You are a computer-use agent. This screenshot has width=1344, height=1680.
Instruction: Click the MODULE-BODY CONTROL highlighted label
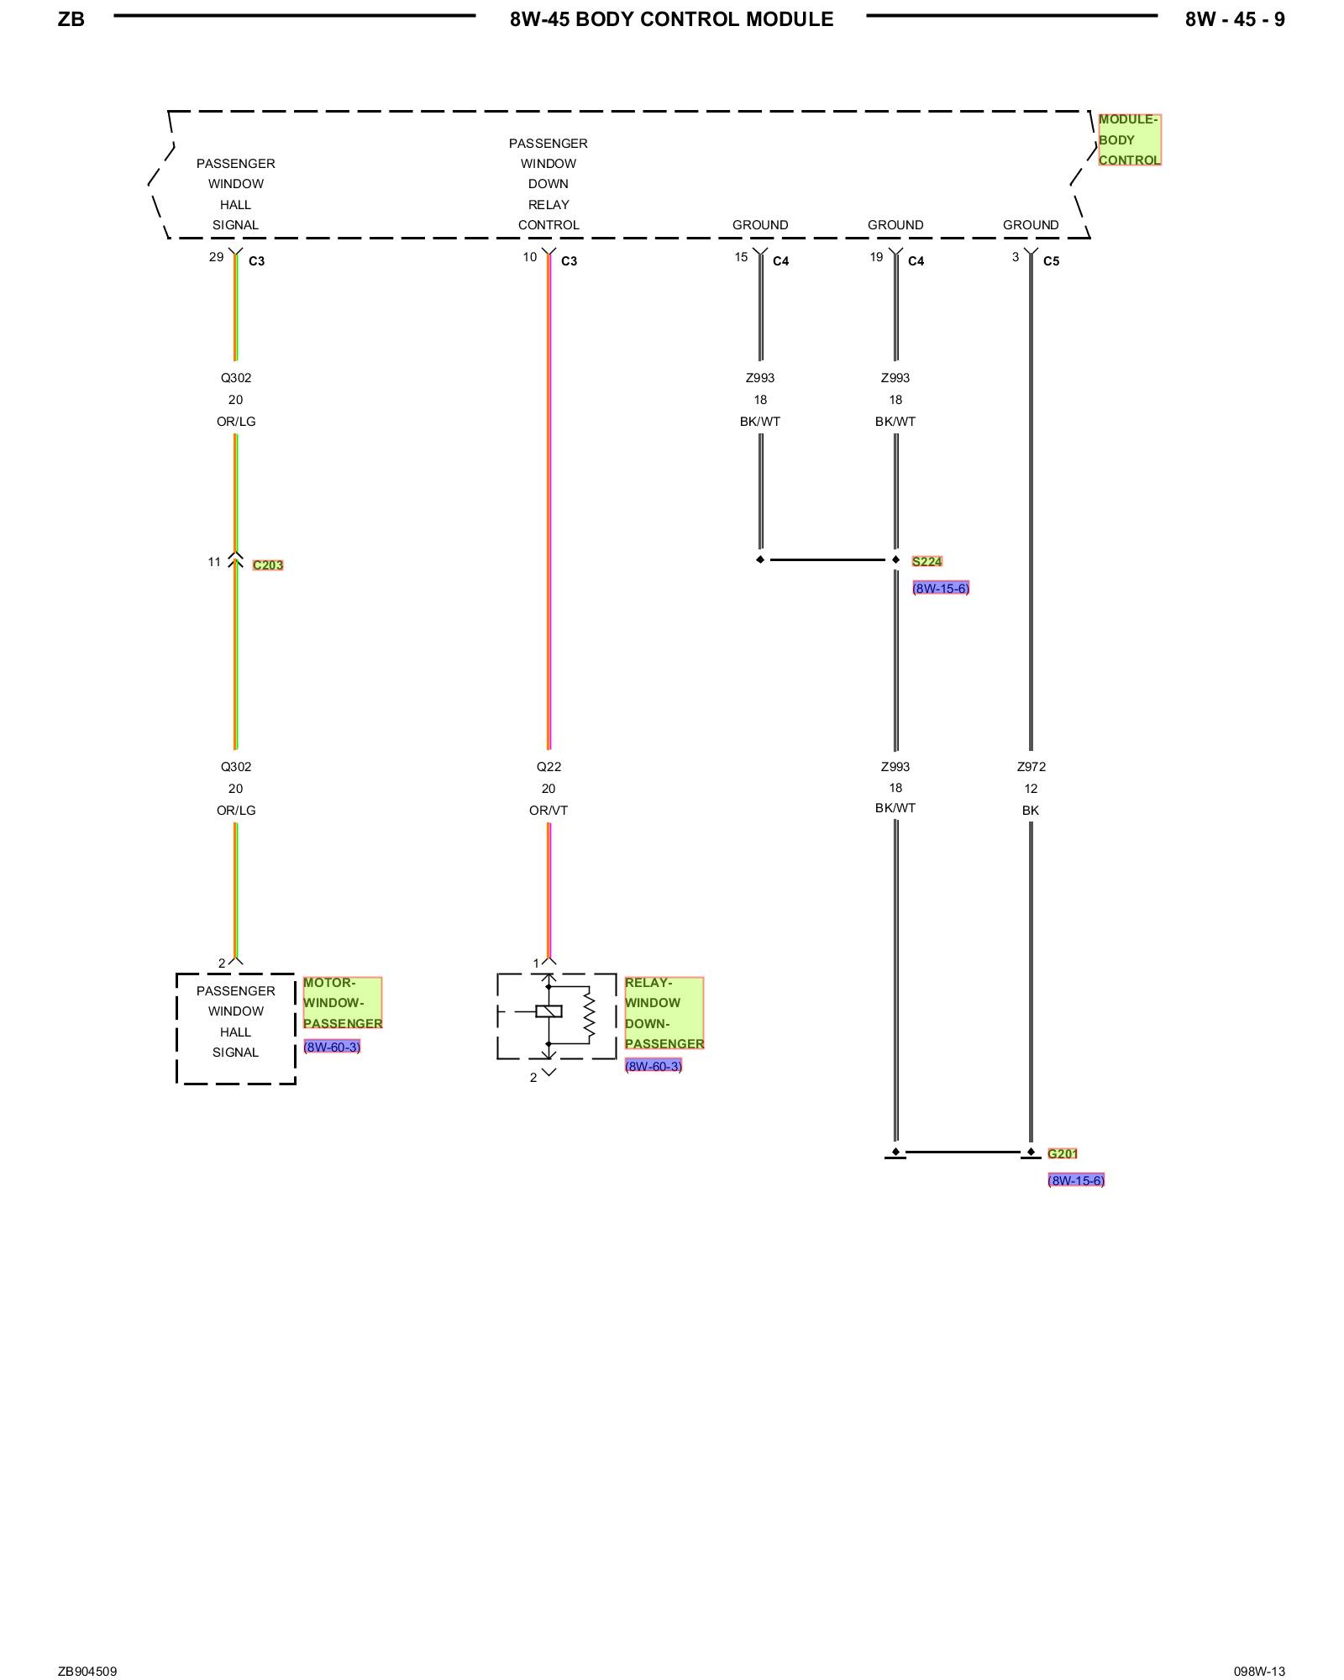coord(1129,140)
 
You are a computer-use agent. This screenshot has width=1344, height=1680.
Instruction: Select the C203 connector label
coord(268,565)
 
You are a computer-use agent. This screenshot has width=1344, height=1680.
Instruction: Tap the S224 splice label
coord(927,561)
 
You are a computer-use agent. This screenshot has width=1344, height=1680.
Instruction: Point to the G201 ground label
coord(1062,1153)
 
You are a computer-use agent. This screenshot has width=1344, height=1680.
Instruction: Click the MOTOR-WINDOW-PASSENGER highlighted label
coord(342,1003)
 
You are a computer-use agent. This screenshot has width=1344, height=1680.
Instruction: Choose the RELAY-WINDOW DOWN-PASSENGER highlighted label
coord(664,1013)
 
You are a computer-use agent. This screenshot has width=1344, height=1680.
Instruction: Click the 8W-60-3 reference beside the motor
coord(332,1047)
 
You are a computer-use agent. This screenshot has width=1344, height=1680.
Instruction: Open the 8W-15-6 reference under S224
coord(941,588)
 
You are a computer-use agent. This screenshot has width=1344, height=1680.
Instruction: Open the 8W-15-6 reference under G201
coord(1076,1180)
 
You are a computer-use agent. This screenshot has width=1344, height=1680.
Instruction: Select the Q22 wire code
coord(549,767)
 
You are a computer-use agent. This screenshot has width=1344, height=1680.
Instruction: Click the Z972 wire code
coord(1031,767)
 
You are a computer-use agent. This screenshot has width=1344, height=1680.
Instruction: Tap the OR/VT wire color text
coord(549,811)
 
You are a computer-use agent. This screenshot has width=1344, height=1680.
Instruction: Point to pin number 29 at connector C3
coord(216,257)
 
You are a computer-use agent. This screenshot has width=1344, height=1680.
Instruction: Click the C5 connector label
coord(1051,261)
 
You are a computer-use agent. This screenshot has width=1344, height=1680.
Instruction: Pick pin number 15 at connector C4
coord(741,257)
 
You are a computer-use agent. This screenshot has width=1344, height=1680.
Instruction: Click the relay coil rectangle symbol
coord(549,1011)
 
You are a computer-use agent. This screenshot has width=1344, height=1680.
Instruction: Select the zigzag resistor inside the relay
coord(589,1015)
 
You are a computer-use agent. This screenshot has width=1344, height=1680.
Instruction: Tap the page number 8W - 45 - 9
coord(1234,19)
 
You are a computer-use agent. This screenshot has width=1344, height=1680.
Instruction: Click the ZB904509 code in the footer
coord(87,1672)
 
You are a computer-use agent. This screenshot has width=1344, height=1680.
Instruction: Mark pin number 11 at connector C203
coord(214,562)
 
